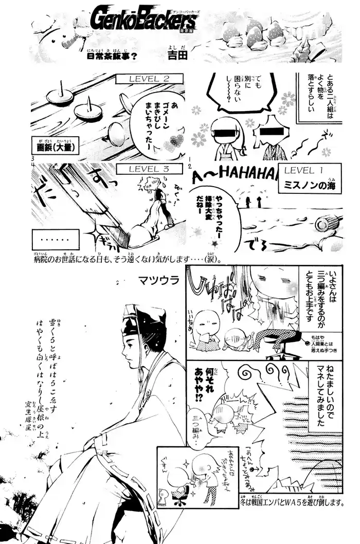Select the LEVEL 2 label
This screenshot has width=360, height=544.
coord(142,79)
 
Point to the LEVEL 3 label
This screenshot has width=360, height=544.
coord(142,169)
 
